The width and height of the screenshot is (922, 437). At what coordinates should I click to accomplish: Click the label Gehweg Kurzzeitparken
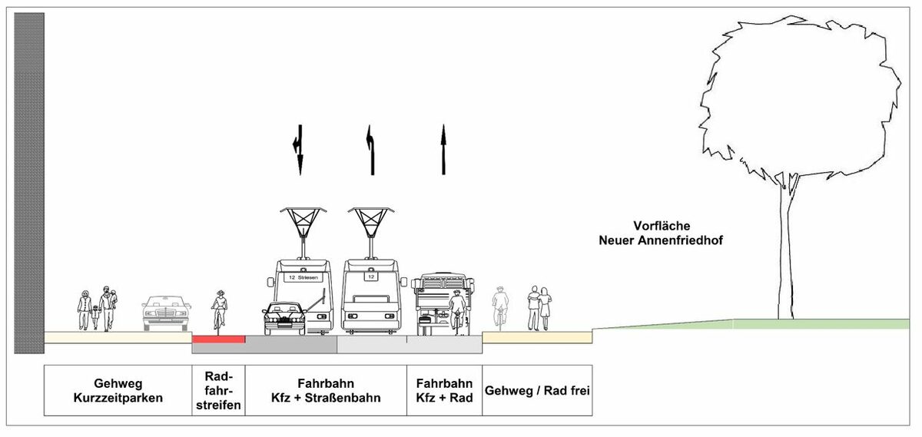point(118,390)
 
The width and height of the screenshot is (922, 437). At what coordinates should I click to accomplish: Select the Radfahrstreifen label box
point(218,390)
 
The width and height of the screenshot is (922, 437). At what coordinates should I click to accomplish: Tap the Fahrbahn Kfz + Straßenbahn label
point(326,390)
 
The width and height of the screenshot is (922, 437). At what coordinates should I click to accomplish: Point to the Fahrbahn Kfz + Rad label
point(444,390)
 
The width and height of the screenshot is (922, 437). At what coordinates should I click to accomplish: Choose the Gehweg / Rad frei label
point(537,390)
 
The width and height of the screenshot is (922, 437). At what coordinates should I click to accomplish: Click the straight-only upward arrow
point(443,151)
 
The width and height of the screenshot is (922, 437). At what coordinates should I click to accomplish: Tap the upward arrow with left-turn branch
point(371,151)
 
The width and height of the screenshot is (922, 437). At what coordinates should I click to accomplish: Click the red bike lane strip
point(218,339)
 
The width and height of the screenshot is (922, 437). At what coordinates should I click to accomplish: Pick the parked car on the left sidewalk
point(165,312)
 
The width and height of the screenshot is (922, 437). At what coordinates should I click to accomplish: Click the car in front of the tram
point(283,319)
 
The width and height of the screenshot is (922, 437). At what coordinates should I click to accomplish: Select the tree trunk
point(784,253)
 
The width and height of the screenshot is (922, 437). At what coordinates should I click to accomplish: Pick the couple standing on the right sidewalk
point(539,308)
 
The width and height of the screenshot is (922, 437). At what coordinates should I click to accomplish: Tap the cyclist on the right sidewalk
point(500,306)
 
